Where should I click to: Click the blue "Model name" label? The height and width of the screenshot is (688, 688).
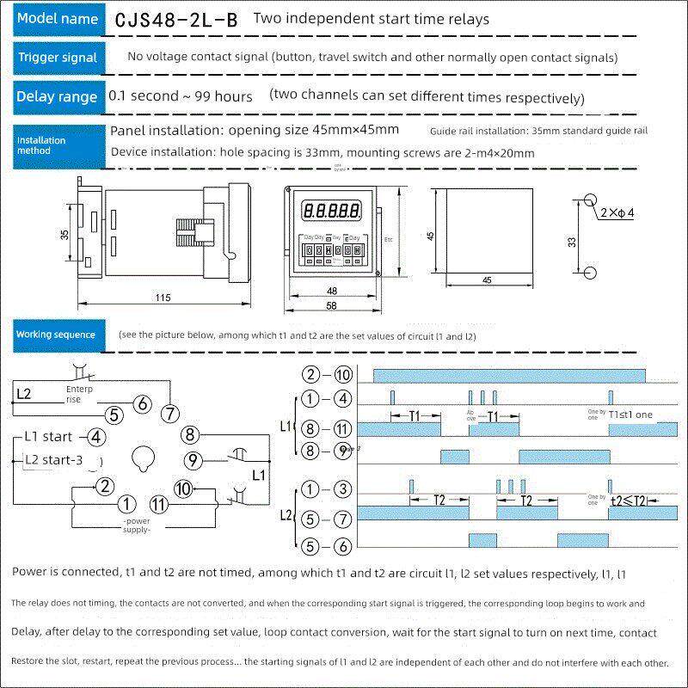coord(58,19)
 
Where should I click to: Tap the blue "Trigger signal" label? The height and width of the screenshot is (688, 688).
coord(58,58)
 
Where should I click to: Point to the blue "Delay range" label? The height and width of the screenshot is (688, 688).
coord(57,96)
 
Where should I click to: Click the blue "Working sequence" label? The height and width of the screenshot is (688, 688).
coord(57,335)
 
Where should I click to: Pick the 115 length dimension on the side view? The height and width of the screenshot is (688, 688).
coord(163,298)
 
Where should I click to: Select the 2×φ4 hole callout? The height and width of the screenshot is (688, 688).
coord(616,212)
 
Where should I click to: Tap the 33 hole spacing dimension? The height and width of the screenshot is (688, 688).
coord(572,243)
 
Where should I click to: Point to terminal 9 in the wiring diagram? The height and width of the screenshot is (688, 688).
coord(193,461)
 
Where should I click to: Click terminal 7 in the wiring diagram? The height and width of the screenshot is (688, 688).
coord(170,413)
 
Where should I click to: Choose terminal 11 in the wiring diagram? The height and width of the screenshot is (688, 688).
coord(158,504)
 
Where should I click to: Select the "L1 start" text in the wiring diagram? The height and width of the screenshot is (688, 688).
coord(49,437)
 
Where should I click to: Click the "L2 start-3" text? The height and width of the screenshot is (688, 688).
coord(54,460)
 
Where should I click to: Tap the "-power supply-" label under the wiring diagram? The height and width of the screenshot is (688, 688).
coord(137,526)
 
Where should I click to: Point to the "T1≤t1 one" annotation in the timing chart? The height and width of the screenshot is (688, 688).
coord(630,415)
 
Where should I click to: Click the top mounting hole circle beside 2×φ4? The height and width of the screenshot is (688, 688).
coord(589,201)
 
